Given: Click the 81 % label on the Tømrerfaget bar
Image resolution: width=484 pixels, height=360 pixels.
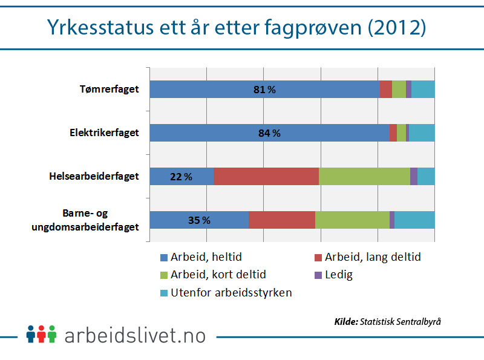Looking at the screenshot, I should (264, 90).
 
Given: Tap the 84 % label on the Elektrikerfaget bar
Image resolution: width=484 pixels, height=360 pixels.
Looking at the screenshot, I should (269, 133).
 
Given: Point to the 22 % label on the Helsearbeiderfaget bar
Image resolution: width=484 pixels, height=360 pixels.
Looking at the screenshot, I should (181, 177).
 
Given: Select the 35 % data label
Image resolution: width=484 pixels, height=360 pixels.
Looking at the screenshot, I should (199, 220).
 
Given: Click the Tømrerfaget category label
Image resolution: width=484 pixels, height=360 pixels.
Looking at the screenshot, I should (110, 90).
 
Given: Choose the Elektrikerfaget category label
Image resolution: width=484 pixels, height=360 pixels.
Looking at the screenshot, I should (104, 133).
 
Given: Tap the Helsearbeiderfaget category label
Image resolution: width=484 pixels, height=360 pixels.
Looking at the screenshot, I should (94, 177).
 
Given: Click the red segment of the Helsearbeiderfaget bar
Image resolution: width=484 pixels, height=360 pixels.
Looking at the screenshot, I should (266, 177).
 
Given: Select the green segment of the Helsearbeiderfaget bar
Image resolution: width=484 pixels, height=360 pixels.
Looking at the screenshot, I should (364, 177).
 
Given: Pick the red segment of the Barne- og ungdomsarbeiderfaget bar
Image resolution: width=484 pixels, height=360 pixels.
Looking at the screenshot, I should (282, 220).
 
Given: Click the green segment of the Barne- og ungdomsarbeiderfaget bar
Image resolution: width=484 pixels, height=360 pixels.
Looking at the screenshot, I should (352, 220).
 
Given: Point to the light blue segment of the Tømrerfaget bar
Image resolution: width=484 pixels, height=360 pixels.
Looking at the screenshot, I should (423, 90).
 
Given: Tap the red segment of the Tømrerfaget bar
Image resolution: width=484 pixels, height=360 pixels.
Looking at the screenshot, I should (385, 90).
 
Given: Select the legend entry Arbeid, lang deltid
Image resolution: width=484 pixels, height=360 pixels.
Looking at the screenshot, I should (367, 257).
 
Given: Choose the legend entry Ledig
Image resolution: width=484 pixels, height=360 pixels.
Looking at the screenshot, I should (333, 275).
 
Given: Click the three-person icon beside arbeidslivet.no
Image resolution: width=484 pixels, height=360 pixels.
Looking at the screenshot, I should (41, 333).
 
